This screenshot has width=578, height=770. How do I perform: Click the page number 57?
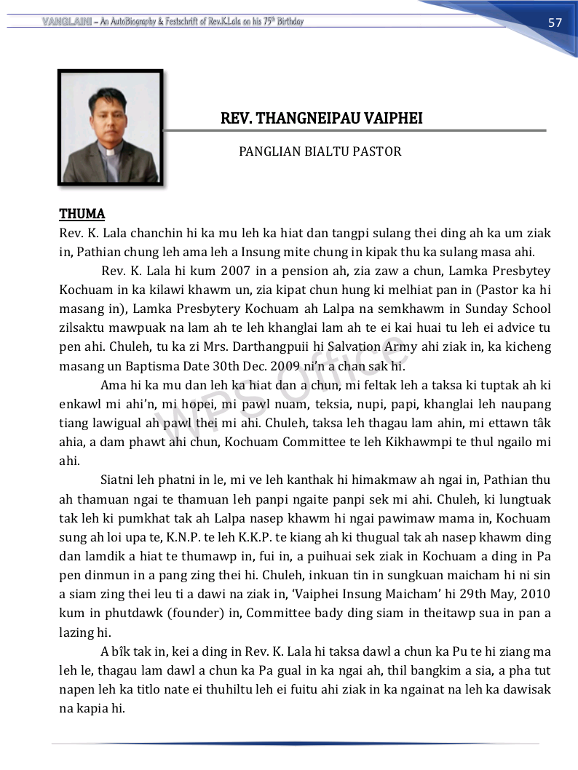coord(555,23)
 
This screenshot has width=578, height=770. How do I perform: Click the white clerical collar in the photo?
coord(110,153)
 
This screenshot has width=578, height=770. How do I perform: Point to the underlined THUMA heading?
coord(82,214)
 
